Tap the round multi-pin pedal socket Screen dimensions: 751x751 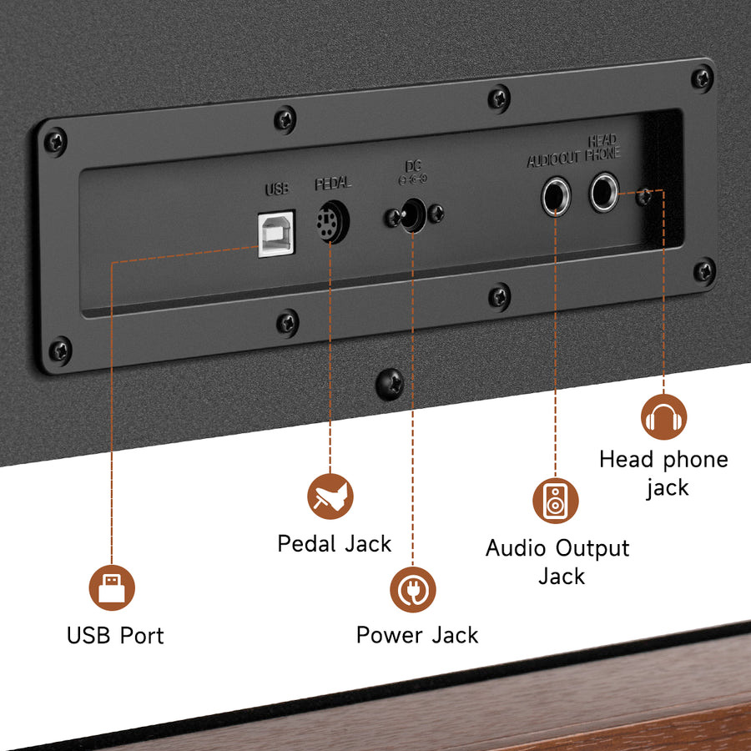pos(332,222)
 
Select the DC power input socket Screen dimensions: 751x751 pos(411,216)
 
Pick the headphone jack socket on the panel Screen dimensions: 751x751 pos(603,193)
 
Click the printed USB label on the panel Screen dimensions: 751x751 pos(277,189)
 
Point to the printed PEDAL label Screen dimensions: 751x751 pos(333,183)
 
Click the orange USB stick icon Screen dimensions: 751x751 pos(112,587)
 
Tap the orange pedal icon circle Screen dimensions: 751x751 pos(330,496)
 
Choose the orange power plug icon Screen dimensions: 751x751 pos(413,589)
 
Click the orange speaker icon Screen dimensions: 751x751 pos(556,500)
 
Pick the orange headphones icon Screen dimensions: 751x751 pos(664,416)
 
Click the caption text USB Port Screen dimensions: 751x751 pos(115,635)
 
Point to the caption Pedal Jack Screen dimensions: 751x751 pos(334,544)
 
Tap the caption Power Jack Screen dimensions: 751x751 pos(417,635)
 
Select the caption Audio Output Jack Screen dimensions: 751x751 pos(557,562)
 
